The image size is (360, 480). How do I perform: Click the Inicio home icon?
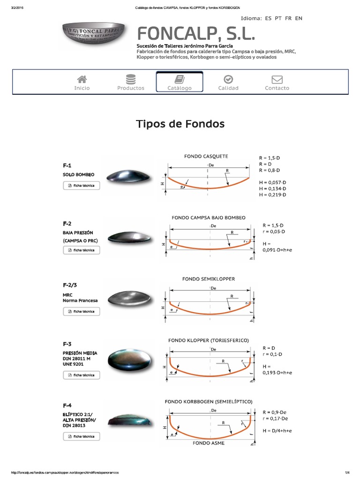[82, 79]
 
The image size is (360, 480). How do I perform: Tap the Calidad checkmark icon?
[228, 79]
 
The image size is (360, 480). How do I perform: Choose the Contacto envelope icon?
[277, 79]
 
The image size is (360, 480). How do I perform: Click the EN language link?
[299, 18]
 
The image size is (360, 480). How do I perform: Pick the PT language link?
[278, 18]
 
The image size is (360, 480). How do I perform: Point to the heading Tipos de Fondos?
[180, 124]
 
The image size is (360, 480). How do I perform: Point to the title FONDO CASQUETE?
[206, 156]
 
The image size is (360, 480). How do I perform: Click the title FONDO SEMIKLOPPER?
[209, 279]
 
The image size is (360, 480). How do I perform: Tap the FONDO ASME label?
[209, 443]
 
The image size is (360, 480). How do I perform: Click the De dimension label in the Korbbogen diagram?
[214, 410]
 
